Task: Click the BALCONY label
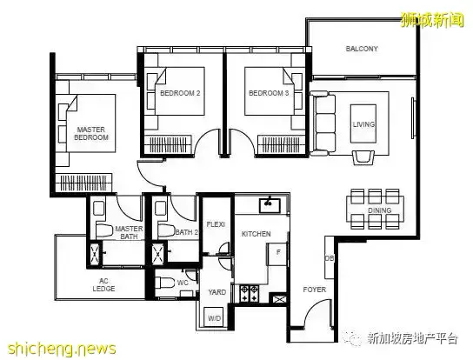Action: [362, 49]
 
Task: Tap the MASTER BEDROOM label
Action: [91, 133]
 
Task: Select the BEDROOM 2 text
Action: [180, 93]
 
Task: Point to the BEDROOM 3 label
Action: [269, 93]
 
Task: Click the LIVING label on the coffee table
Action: [363, 124]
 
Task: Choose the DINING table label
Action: [379, 210]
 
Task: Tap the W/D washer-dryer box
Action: [214, 317]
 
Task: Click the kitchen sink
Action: [270, 205]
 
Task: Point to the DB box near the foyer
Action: [330, 257]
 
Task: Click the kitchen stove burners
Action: [250, 294]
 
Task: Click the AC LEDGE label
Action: [103, 285]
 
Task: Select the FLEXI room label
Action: [216, 224]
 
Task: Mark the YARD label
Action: [217, 292]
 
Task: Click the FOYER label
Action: [315, 290]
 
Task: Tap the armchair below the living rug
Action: [363, 157]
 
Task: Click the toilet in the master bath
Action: [103, 230]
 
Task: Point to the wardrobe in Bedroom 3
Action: [281, 144]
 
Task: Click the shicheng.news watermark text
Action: [62, 349]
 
